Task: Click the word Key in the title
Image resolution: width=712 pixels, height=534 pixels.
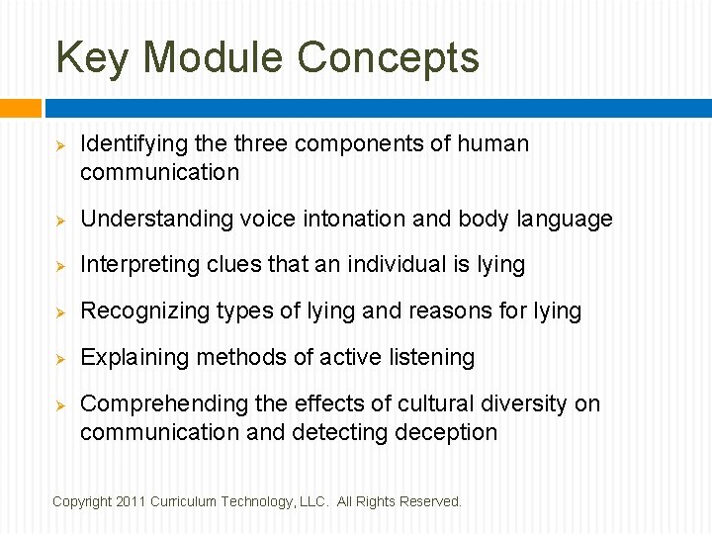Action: coord(92,58)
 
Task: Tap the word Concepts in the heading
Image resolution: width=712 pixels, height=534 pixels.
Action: coord(388,58)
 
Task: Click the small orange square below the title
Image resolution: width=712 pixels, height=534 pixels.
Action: coord(20,108)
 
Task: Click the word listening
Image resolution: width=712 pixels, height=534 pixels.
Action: coord(431,357)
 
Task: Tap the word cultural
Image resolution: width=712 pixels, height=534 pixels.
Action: coord(429,403)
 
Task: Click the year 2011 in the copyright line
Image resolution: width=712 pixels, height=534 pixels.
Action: coord(131,502)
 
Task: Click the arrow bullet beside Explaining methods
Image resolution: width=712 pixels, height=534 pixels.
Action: coord(59,358)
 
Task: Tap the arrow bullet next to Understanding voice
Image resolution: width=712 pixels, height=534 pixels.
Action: coord(59,220)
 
